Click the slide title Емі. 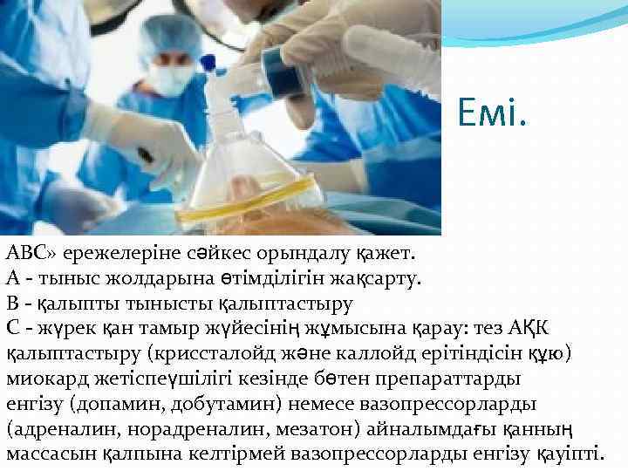tap(493, 112)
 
